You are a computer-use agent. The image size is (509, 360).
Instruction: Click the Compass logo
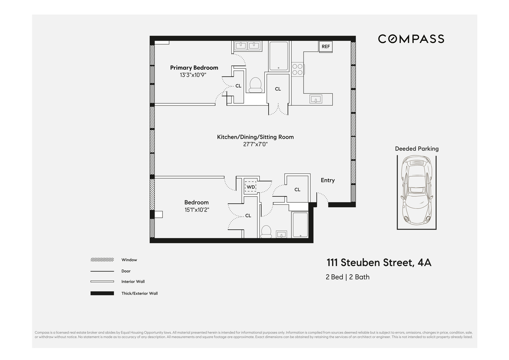coord(411,39)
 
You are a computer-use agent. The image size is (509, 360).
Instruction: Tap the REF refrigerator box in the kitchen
coord(326,46)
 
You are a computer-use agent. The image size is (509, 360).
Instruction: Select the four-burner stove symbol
coord(297,69)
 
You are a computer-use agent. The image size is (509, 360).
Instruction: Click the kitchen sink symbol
coord(316,99)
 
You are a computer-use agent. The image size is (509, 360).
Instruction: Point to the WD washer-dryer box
coord(250,187)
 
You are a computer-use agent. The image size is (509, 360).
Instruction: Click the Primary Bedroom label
coord(194,68)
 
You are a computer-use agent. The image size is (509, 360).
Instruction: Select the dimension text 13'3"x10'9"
coord(193,75)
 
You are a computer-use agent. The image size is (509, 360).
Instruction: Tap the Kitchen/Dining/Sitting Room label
coord(255,137)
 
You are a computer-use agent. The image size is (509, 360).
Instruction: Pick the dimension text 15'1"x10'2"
coord(197,210)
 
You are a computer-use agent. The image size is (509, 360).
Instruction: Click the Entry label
coord(328,180)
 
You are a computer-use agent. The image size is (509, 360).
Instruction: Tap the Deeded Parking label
coord(417,149)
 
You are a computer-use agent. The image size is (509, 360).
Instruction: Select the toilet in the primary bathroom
coord(256,85)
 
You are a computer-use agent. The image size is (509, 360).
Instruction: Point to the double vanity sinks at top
coord(247,46)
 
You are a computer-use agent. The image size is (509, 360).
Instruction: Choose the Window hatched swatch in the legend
coord(102,260)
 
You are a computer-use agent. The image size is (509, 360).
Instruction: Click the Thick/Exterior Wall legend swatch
coord(102,293)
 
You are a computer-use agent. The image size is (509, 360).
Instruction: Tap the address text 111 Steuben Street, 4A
coord(379,263)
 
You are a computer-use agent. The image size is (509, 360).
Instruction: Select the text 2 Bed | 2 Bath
coord(347,277)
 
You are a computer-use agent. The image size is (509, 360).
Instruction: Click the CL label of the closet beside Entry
coord(297,190)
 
